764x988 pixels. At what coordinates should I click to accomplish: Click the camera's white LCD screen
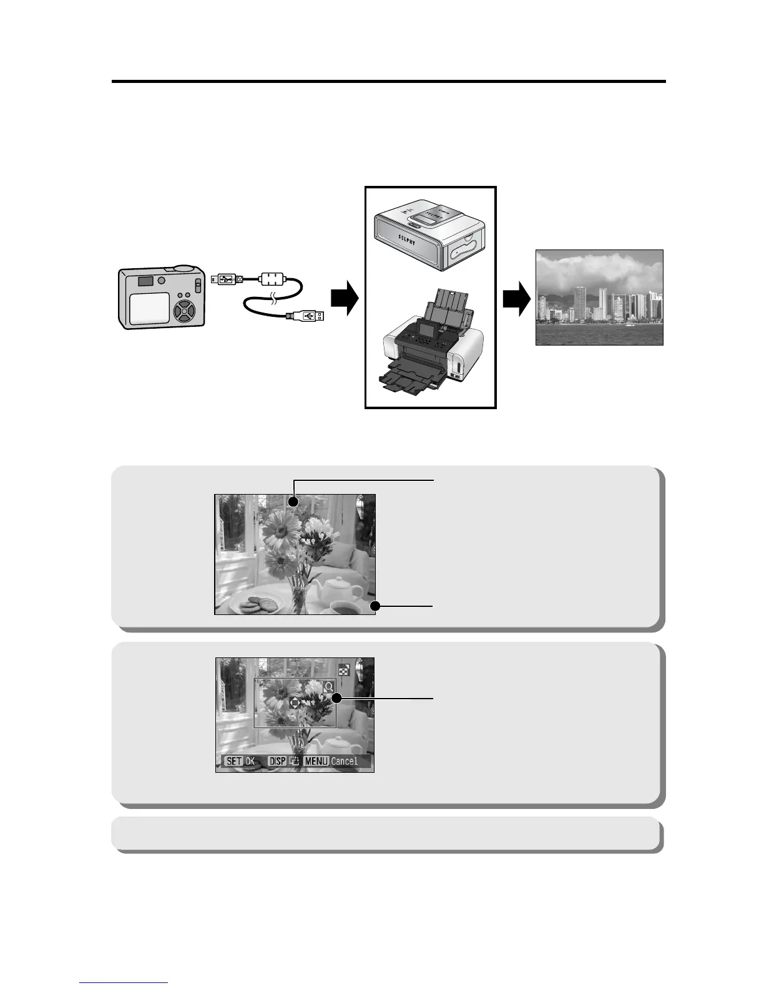coord(149,308)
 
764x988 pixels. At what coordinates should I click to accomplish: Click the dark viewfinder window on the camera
coord(146,281)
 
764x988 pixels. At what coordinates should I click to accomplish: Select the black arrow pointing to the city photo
coord(516,299)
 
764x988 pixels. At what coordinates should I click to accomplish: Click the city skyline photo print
coord(599,298)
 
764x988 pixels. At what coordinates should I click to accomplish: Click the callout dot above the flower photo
coord(294,502)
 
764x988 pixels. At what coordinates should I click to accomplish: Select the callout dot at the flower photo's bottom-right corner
coord(375,606)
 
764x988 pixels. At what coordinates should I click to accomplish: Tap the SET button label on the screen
coord(233,761)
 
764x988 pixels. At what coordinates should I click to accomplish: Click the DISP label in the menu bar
coord(277,761)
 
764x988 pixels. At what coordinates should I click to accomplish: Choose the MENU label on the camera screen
coord(316,761)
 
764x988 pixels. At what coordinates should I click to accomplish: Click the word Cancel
coord(345,761)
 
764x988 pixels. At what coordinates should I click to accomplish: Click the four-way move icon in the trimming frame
coord(295,702)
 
